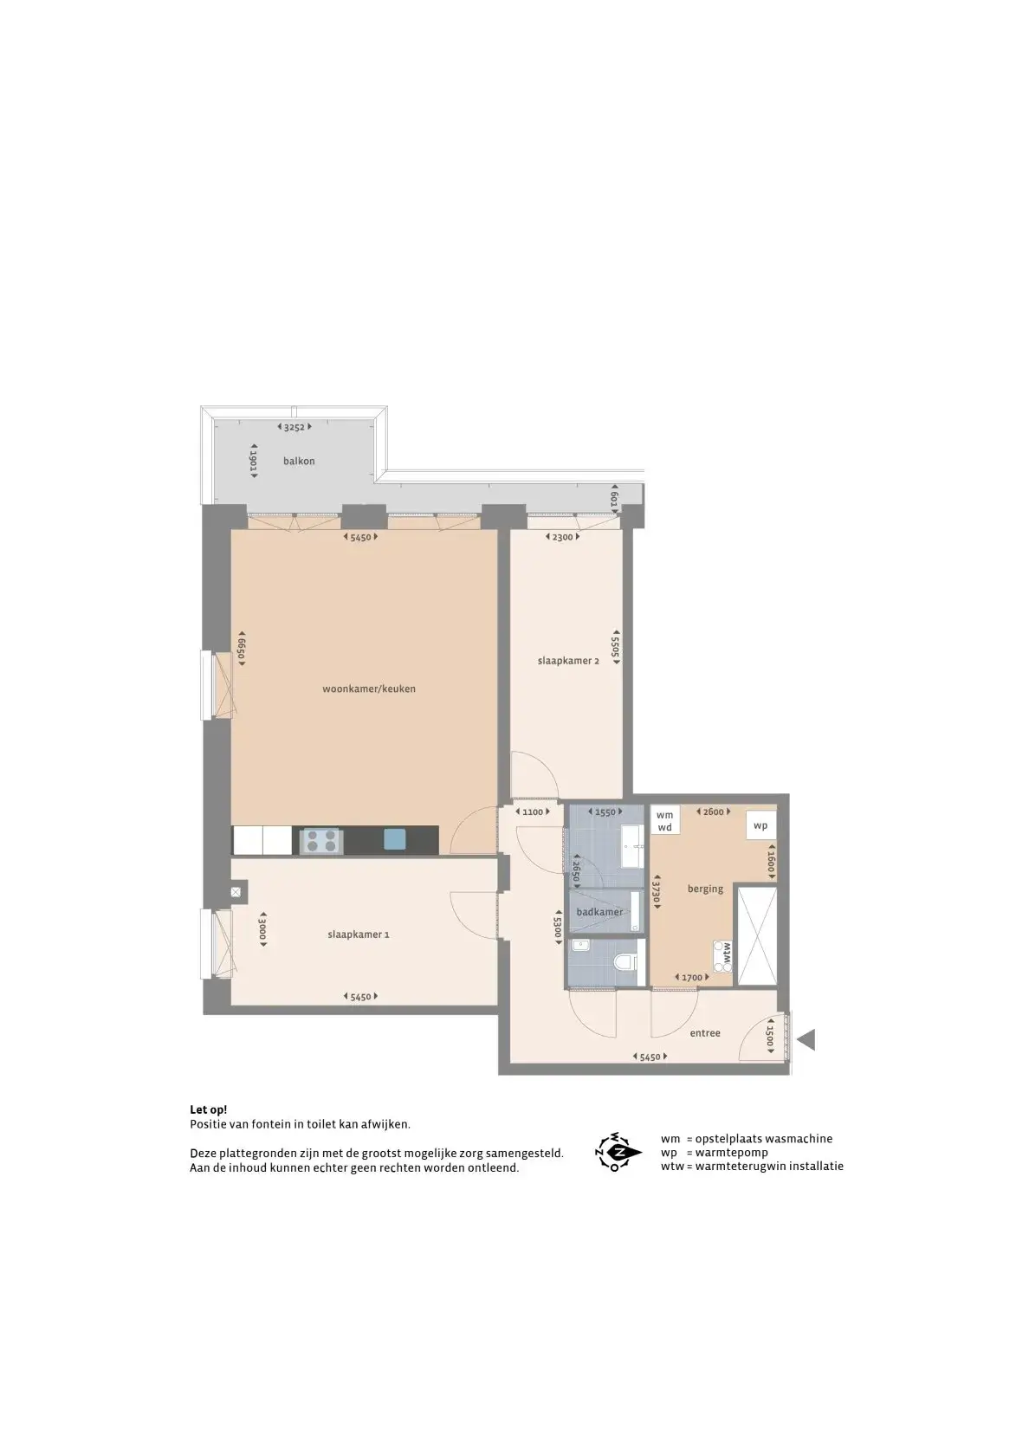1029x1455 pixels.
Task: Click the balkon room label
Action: (x=299, y=461)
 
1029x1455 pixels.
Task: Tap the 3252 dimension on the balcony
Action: (x=294, y=427)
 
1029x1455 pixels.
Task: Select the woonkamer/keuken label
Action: (x=369, y=689)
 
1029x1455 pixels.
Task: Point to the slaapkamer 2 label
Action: (x=568, y=661)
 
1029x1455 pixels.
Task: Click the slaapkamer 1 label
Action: (x=359, y=934)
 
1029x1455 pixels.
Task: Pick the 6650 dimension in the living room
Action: (x=241, y=648)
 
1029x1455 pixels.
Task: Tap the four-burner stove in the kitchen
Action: (x=320, y=840)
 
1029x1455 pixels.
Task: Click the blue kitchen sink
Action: (x=395, y=839)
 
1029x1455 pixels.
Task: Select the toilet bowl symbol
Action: (x=625, y=962)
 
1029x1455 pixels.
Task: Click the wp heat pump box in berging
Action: (x=760, y=825)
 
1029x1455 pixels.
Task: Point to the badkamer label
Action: (x=599, y=912)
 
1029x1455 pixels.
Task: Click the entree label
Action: (x=705, y=1032)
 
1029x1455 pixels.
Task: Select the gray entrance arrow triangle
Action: (x=807, y=1040)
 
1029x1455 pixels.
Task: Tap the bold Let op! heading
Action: (x=208, y=1110)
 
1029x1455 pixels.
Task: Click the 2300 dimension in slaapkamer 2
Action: (x=562, y=537)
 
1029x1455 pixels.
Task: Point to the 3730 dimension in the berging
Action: (x=657, y=895)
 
